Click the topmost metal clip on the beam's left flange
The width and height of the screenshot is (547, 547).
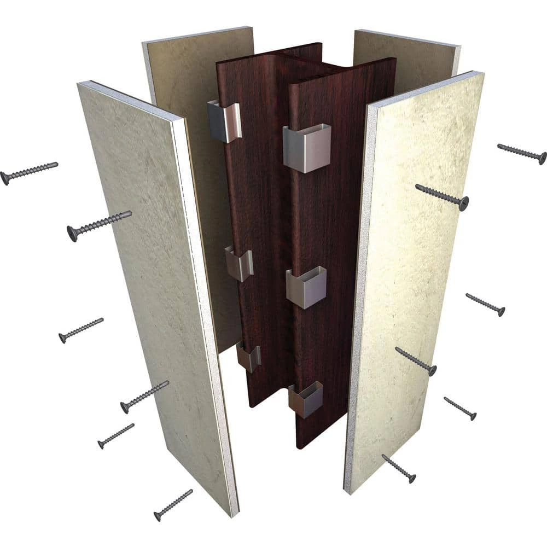[x=224, y=120]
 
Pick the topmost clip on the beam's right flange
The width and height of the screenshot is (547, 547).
[x=307, y=147]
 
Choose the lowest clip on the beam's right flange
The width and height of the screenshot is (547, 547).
[x=306, y=398]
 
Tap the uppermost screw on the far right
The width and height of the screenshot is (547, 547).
[x=522, y=154]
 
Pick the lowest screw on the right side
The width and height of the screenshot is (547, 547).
[x=399, y=468]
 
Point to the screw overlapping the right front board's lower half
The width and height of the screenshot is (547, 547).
[x=416, y=361]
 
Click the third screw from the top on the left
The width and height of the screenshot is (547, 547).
[x=81, y=330]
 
